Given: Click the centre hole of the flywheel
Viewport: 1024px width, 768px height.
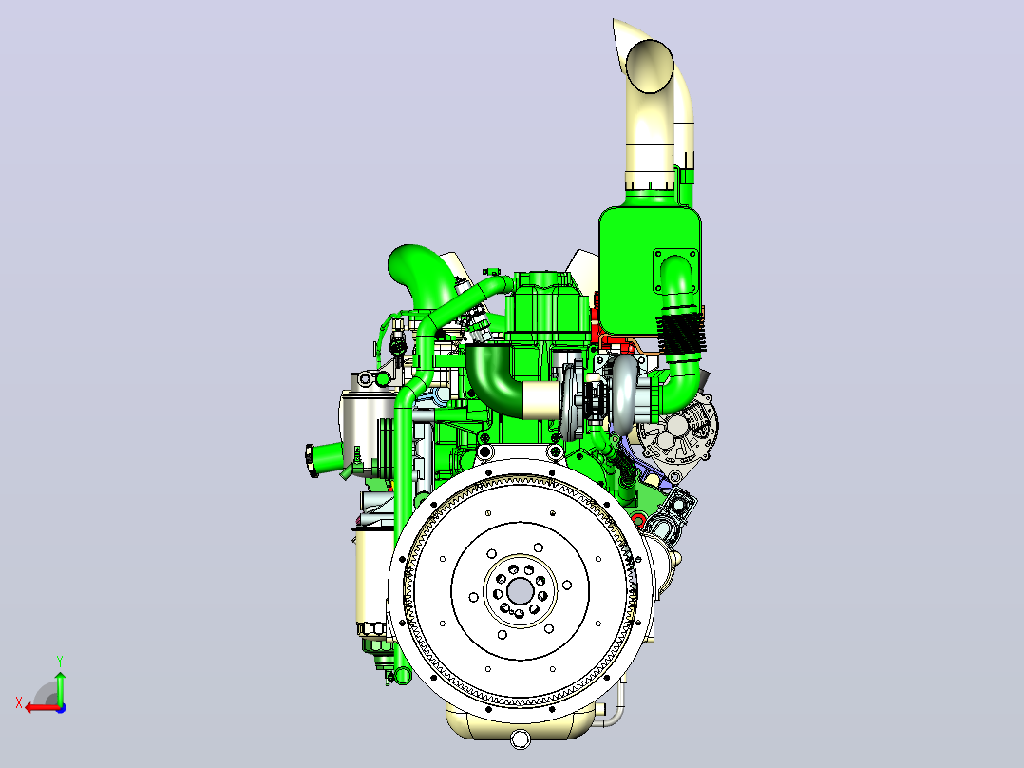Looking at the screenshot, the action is click(520, 592).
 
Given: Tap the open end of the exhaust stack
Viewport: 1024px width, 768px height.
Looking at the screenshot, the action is click(650, 66).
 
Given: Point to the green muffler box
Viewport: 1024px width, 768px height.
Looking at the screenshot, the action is click(650, 268).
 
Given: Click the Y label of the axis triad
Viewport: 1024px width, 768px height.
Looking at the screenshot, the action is click(60, 662).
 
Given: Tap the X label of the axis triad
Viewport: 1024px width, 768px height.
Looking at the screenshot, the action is click(19, 703).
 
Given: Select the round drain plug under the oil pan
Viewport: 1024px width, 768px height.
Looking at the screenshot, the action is click(521, 739).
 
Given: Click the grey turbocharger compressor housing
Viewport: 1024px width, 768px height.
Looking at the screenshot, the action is click(624, 394).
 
